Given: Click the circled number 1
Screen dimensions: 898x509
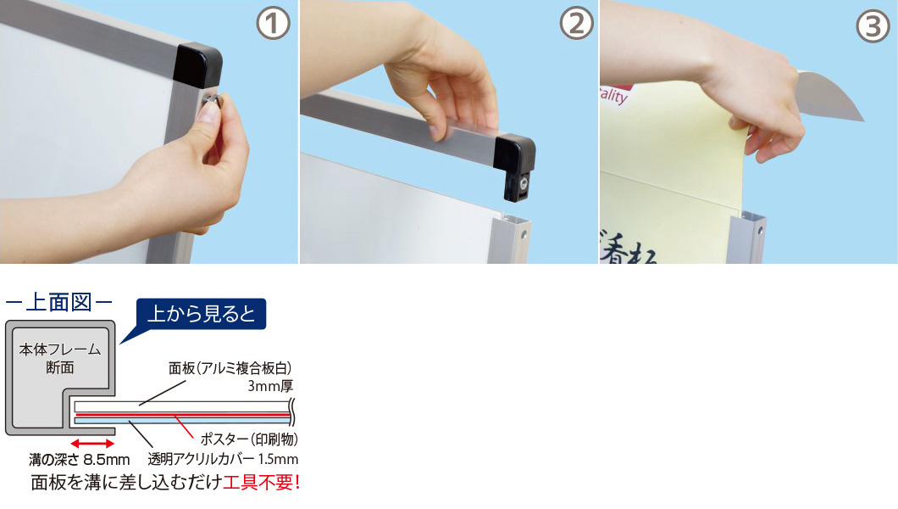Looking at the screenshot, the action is pos(273,24).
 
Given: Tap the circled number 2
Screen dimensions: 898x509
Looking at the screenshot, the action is pos(576,24).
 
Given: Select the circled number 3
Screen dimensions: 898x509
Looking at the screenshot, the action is pos(873,26).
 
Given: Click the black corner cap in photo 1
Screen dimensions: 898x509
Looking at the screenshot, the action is pos(197,64).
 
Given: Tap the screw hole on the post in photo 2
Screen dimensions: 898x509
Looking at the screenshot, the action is pos(523,235).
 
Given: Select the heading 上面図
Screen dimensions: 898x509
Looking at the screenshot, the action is pos(58,302).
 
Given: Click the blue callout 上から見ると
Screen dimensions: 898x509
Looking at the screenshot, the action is pos(201,314).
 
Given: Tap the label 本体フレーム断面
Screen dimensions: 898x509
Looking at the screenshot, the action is pos(59,358).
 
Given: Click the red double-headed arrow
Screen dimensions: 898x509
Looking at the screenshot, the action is pos(92,444).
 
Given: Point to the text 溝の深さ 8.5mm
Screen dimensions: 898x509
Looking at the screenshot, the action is pos(79,460).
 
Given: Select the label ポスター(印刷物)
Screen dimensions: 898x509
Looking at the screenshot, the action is pos(248,439).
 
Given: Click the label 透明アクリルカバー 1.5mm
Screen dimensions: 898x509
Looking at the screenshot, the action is pos(223,459).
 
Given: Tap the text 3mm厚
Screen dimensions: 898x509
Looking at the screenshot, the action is pos(270,386).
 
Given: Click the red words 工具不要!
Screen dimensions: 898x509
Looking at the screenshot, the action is pos(262,482).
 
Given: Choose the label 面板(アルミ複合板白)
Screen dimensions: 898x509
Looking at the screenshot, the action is pos(230,368).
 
